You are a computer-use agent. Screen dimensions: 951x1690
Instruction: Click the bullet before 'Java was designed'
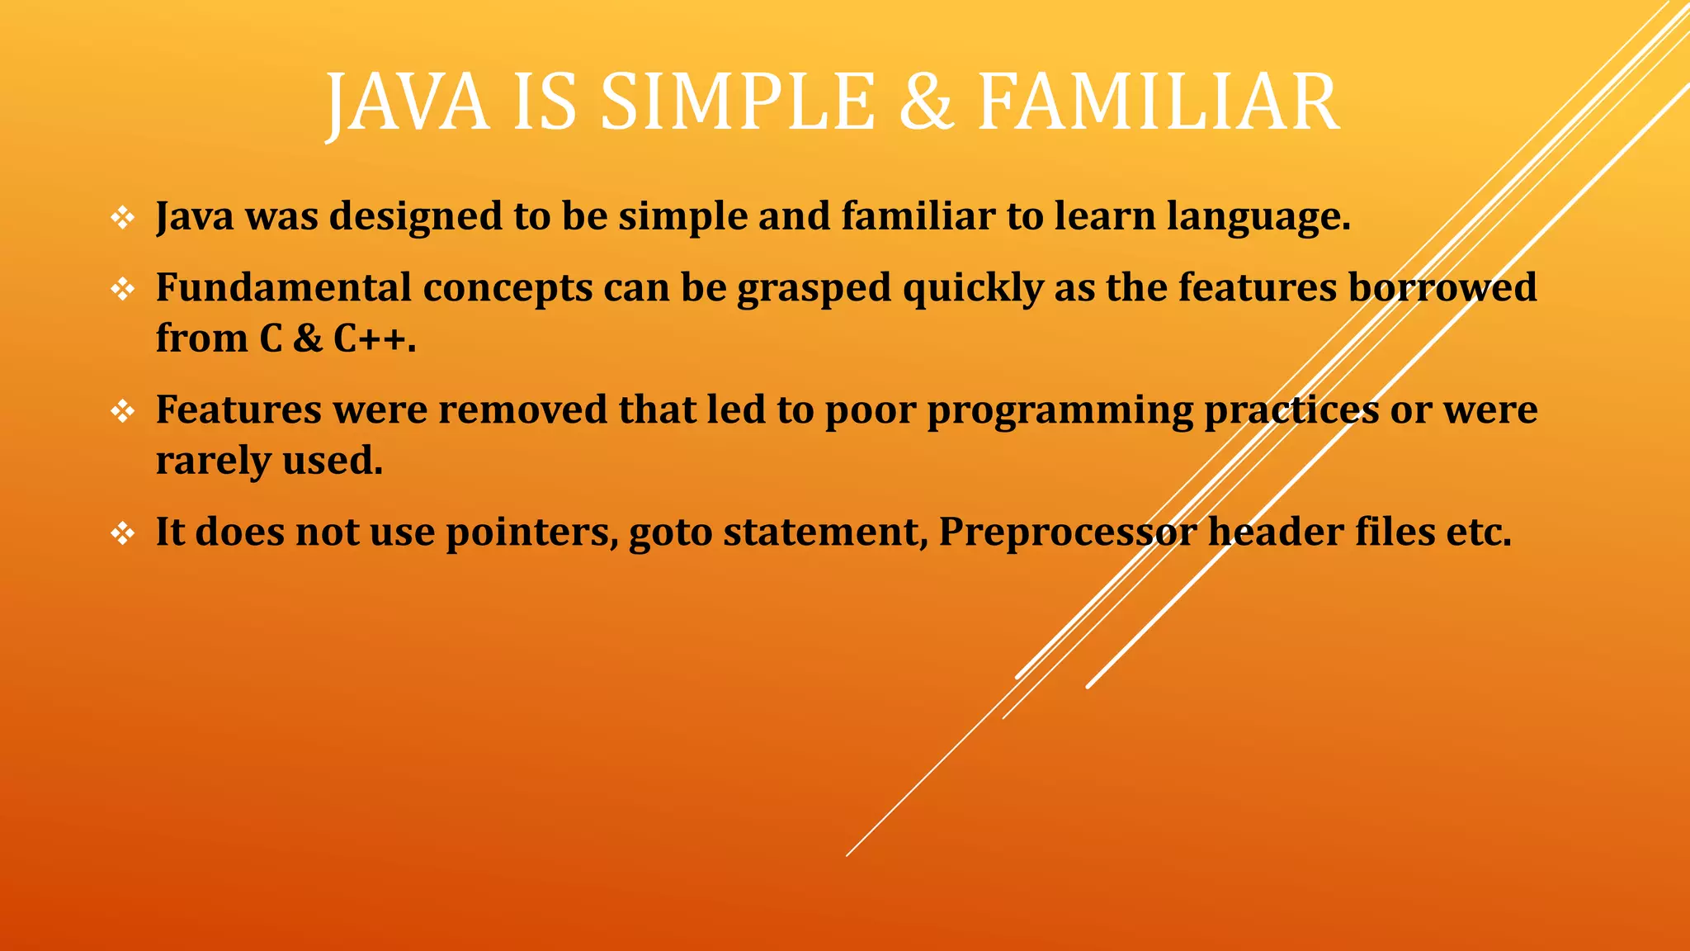pyautogui.click(x=122, y=218)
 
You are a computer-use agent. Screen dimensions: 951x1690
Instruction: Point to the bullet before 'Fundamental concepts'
pyautogui.click(x=122, y=289)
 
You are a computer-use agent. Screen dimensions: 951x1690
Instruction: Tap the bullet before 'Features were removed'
pyautogui.click(x=122, y=410)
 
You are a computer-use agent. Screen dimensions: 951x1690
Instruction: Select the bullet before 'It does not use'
pyautogui.click(x=122, y=533)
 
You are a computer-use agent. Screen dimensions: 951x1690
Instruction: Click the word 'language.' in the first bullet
pyautogui.click(x=1258, y=218)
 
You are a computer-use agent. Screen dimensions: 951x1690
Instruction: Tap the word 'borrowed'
pyautogui.click(x=1442, y=288)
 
